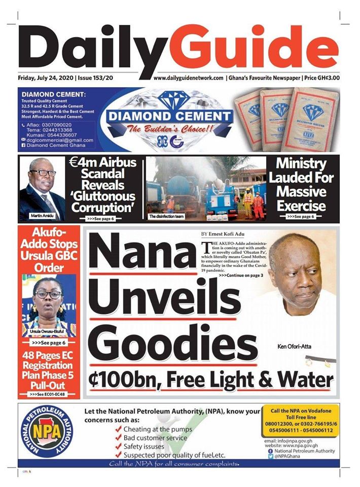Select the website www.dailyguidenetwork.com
click(x=189, y=78)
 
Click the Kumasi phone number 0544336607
click(x=59, y=135)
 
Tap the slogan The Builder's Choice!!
click(x=170, y=130)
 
